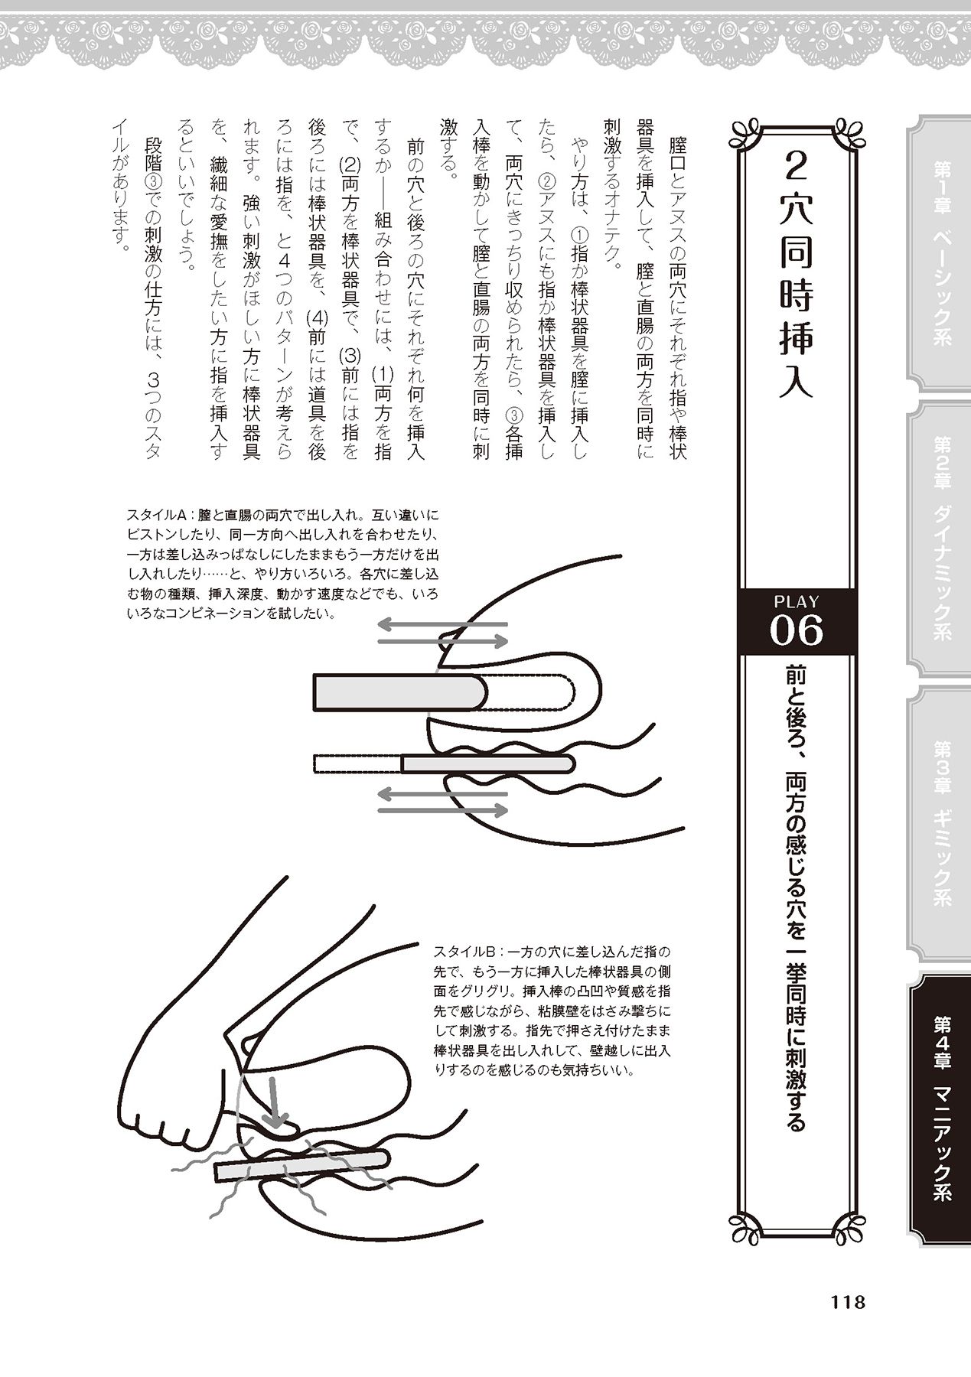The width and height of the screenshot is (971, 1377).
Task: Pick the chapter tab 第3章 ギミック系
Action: click(x=940, y=826)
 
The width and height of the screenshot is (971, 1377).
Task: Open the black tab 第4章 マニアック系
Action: click(x=940, y=1113)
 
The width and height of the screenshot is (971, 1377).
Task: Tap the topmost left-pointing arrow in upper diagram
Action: click(x=443, y=624)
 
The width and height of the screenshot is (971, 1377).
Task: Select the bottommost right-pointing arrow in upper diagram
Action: click(x=443, y=809)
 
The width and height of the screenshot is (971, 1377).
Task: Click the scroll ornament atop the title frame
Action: click(x=797, y=132)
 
